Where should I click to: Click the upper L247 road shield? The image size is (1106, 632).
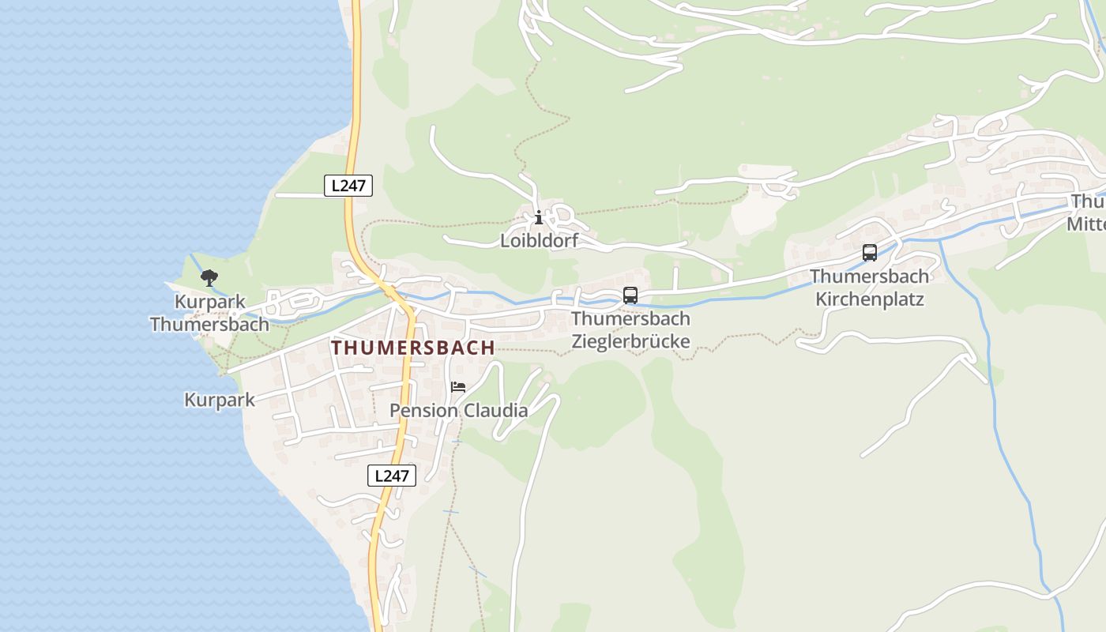348,186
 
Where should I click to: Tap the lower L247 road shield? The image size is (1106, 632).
391,476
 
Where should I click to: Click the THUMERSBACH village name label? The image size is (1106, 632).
413,348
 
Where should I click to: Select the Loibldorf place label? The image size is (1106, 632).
539,241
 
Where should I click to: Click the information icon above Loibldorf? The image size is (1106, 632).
539,217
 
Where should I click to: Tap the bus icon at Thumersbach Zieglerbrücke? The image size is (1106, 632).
630,295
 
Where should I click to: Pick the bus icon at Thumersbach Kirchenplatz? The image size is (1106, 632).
869,253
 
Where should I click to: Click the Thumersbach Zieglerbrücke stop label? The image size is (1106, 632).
630,330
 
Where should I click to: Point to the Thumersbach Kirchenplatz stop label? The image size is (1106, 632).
869,288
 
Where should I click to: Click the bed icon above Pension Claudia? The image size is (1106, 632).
458,387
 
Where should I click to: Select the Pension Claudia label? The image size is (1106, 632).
459,411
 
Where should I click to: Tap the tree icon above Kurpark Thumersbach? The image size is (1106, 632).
209,277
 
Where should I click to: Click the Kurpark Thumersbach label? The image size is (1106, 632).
209,313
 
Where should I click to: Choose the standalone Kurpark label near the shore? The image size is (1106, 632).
220,400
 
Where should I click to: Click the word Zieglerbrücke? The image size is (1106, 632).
630,341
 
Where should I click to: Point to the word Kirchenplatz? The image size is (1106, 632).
869,299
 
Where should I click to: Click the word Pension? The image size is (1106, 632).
423,411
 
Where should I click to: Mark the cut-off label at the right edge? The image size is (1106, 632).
1088,213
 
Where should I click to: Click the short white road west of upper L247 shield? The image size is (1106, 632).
300,194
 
